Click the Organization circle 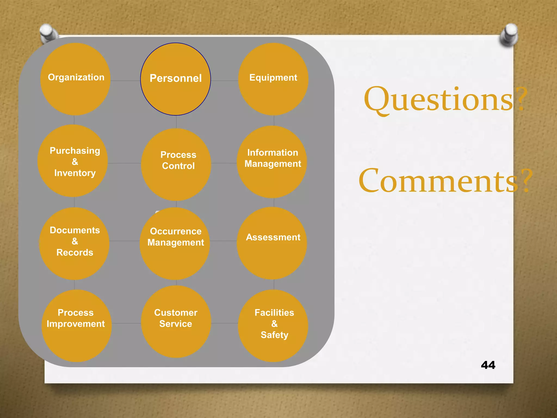point(75,79)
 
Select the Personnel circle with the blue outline point(175,79)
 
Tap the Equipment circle point(273,79)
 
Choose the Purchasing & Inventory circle point(73,161)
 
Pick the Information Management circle point(272,162)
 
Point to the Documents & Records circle point(74,244)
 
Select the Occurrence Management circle point(175,244)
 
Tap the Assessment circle point(272,243)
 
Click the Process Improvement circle point(76,326)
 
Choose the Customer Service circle point(176,322)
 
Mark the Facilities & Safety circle point(273,326)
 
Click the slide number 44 point(488,365)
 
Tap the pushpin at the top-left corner point(48,33)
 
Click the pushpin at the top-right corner point(509,35)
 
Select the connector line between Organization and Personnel point(125,81)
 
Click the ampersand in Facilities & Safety point(274,324)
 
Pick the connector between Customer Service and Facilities point(224,323)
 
